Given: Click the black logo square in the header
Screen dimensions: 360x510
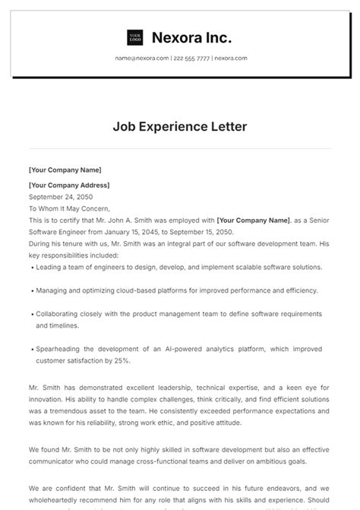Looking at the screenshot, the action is tap(135, 37).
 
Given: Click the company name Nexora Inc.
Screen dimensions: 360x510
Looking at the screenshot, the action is tap(191, 37).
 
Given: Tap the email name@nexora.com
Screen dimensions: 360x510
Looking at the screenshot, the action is tap(142, 58).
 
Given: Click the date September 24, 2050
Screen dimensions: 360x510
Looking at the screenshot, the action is tap(55, 196).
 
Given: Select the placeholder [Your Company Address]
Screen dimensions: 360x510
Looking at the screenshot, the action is tap(69, 185).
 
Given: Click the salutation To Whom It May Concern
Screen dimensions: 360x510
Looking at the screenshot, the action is tap(69, 208).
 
